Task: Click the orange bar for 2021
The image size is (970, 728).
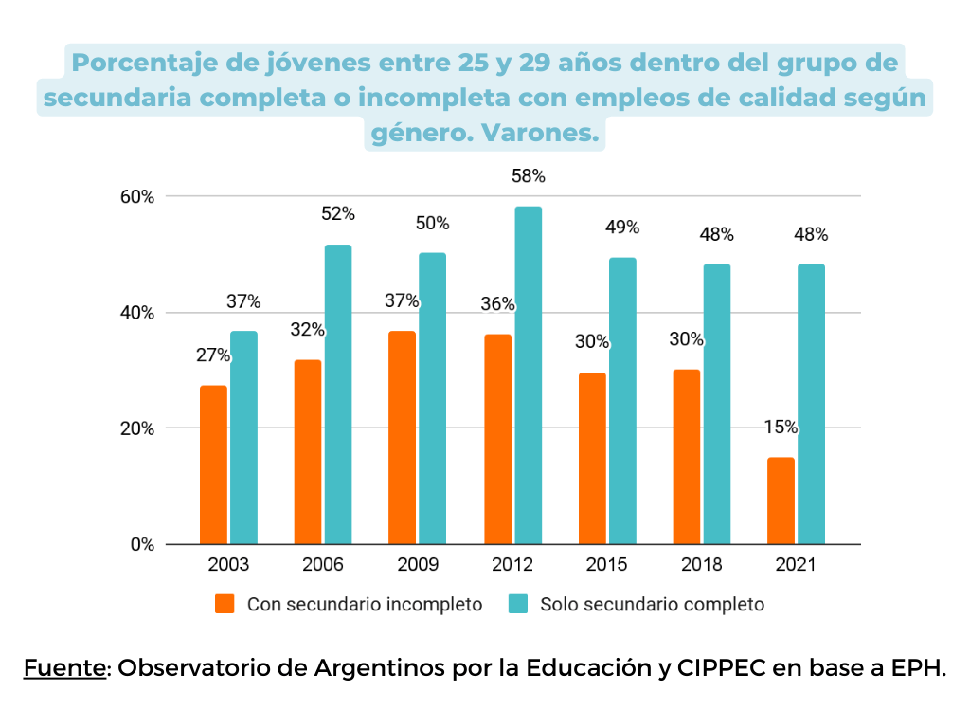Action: (781, 500)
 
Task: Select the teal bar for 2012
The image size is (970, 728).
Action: (528, 375)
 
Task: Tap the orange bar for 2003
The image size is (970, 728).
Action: (213, 464)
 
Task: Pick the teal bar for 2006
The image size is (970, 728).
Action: (338, 394)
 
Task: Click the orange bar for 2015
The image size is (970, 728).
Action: (592, 458)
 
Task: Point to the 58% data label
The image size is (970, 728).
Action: (528, 176)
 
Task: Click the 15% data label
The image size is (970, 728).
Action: (781, 428)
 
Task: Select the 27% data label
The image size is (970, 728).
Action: (213, 355)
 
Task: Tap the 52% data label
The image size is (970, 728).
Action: (338, 214)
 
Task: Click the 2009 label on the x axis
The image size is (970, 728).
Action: (418, 566)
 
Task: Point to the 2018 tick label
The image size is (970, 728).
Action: (701, 566)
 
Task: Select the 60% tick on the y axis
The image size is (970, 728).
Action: (135, 197)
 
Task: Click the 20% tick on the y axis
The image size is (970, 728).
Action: (135, 428)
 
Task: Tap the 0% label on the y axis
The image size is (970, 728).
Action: (141, 545)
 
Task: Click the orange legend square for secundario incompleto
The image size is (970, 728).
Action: (225, 604)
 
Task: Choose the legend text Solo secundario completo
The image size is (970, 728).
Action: (652, 604)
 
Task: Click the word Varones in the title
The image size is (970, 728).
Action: (540, 135)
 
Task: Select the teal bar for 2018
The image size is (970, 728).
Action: (717, 404)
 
